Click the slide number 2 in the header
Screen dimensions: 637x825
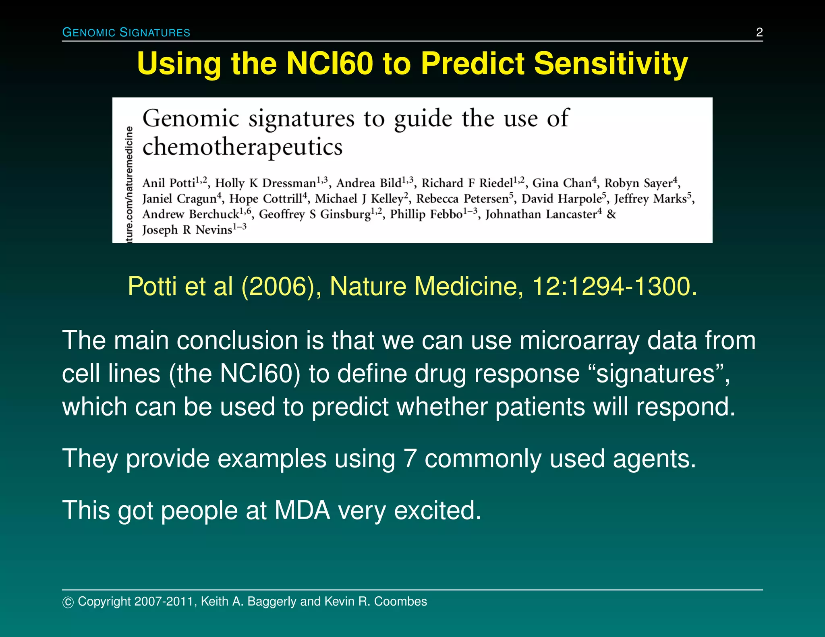pyautogui.click(x=759, y=32)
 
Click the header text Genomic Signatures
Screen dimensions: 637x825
pyautogui.click(x=126, y=32)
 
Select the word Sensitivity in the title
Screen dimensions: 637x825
pyautogui.click(x=611, y=64)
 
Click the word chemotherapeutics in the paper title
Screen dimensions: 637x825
pyautogui.click(x=243, y=147)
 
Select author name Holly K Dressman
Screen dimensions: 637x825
pyautogui.click(x=265, y=183)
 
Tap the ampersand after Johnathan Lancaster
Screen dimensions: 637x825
pyautogui.click(x=611, y=214)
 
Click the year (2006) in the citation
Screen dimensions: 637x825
pyautogui.click(x=278, y=286)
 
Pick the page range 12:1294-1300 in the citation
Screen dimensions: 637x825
pyautogui.click(x=614, y=286)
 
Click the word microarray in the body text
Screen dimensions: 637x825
pyautogui.click(x=579, y=341)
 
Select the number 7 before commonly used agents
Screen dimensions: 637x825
pyautogui.click(x=410, y=459)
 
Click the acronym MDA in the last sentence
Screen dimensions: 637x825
pyautogui.click(x=302, y=511)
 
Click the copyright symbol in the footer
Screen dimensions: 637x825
pyautogui.click(x=68, y=602)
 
